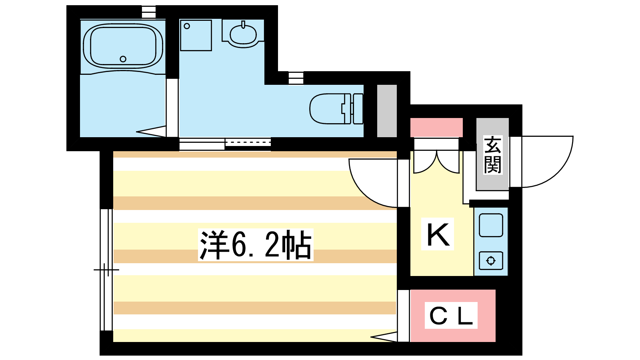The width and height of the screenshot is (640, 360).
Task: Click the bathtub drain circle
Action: [x=123, y=59]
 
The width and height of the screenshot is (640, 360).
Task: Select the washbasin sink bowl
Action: [x=243, y=35]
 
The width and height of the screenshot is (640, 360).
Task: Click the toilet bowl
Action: [x=328, y=108]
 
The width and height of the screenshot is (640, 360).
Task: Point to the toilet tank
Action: [x=358, y=108]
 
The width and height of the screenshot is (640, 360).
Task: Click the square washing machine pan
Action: [x=196, y=36]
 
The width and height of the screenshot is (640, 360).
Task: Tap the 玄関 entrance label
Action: [x=492, y=155]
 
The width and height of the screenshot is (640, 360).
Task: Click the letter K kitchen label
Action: [x=438, y=234]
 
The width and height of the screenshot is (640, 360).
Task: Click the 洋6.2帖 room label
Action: [x=256, y=245]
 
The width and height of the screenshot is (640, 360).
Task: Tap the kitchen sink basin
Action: [x=491, y=225]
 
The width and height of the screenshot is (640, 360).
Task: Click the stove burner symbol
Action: [x=491, y=260]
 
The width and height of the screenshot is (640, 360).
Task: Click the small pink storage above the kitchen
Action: [x=436, y=128]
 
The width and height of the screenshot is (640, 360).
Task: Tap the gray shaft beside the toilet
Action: [x=387, y=111]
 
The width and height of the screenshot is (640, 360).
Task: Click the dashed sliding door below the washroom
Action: [x=248, y=142]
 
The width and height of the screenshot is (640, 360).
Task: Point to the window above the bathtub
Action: [x=149, y=12]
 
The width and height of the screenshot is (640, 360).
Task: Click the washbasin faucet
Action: [x=243, y=24]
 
